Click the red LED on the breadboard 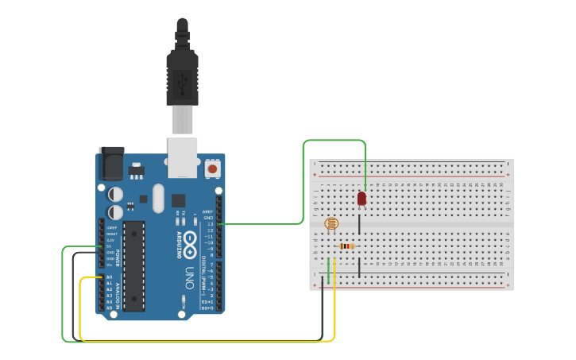point(361,198)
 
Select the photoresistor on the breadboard point(331,225)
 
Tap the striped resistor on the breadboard point(346,246)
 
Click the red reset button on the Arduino point(213,169)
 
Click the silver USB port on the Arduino point(183,156)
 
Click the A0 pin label point(110,277)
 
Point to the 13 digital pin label point(210,224)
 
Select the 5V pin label point(110,246)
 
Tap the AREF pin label point(208,212)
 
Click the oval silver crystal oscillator point(157,198)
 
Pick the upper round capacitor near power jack point(116,194)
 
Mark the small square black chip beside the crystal point(178,201)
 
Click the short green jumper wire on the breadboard point(328,269)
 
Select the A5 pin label point(110,308)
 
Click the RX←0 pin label point(207,308)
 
